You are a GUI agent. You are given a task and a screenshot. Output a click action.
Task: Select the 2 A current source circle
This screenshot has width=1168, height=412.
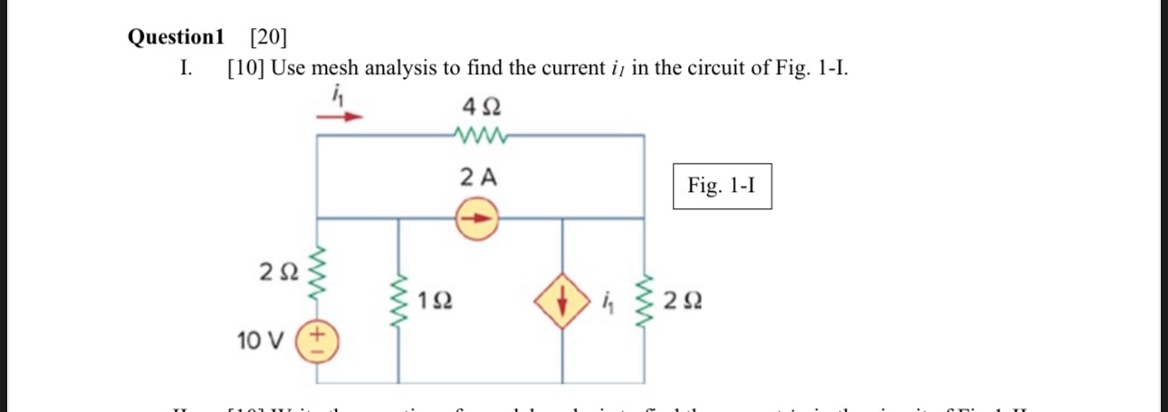pos(476,219)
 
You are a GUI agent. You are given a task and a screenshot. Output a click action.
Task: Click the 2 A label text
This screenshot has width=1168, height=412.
pos(479,177)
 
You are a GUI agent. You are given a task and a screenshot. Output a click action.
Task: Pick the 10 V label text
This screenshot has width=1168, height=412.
pos(260,341)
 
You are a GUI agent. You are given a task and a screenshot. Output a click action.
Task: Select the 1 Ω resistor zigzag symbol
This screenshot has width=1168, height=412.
pos(398,301)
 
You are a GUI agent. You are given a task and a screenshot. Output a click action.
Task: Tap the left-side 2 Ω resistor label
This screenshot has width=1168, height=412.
pos(276,270)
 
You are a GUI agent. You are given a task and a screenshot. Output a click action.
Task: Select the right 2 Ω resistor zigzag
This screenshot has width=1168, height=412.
pos(645,301)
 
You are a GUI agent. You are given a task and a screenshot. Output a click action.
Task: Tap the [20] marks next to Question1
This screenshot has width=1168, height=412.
pos(268,37)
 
